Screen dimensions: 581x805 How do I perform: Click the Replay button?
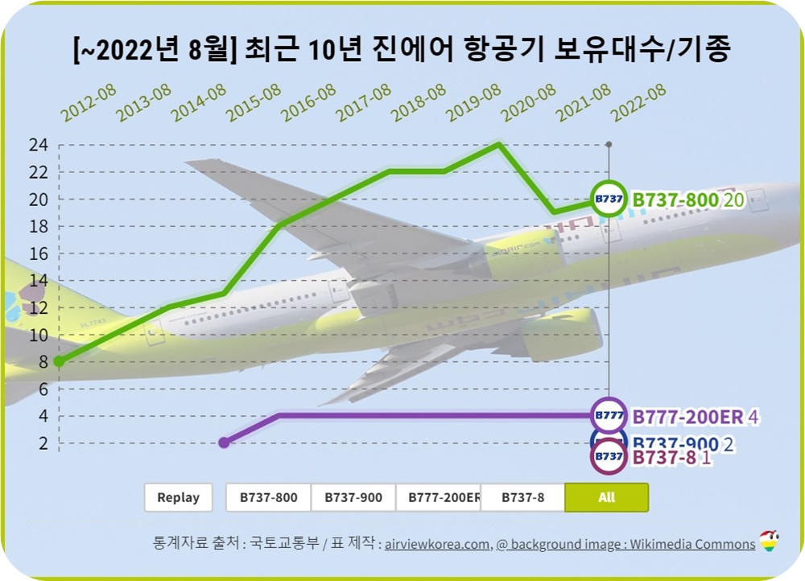[x=178, y=497]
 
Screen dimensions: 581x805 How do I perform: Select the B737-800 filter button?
[x=268, y=497]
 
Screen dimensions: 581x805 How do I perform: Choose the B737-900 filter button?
[x=353, y=497]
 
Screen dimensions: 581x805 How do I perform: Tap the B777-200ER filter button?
[x=439, y=497]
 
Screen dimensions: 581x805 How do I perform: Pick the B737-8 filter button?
[x=522, y=497]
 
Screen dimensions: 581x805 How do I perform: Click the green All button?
[x=606, y=497]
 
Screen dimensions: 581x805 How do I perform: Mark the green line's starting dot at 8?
[x=59, y=361]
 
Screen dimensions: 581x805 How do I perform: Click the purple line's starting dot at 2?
[x=225, y=443]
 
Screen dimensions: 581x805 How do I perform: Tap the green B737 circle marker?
[x=609, y=199]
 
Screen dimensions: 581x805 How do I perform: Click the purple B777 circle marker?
[x=609, y=416]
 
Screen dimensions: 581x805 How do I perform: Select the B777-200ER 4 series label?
[x=696, y=417]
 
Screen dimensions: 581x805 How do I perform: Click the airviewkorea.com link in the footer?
[x=437, y=544]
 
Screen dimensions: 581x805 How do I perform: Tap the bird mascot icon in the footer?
[x=770, y=542]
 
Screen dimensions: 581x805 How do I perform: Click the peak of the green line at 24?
[x=499, y=144]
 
